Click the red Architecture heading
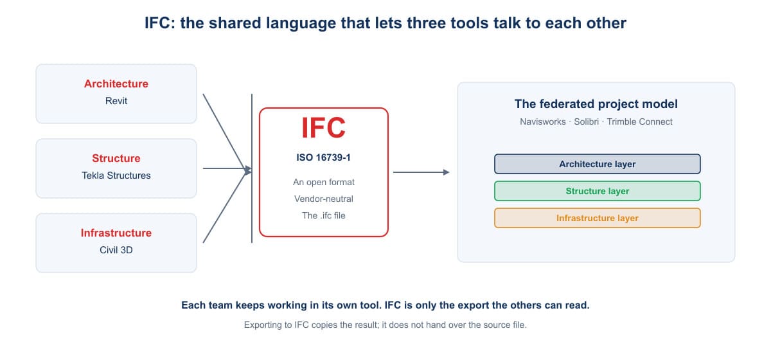coord(116,84)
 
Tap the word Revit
coord(116,101)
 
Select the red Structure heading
coord(116,158)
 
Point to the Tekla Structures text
coord(116,175)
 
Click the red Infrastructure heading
coord(116,233)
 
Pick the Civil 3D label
coord(116,250)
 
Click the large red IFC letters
coord(323,128)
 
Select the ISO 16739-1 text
coord(324,157)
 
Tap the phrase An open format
coord(324,182)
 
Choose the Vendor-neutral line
coord(324,199)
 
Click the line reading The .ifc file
coord(324,215)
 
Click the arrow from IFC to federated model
coord(421,172)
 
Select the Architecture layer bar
coord(597,164)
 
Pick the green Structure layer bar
coord(597,191)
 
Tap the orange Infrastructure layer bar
coord(597,218)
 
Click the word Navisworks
coord(543,122)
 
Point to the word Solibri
coord(586,122)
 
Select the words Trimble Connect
coord(639,122)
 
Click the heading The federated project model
coord(596,104)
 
